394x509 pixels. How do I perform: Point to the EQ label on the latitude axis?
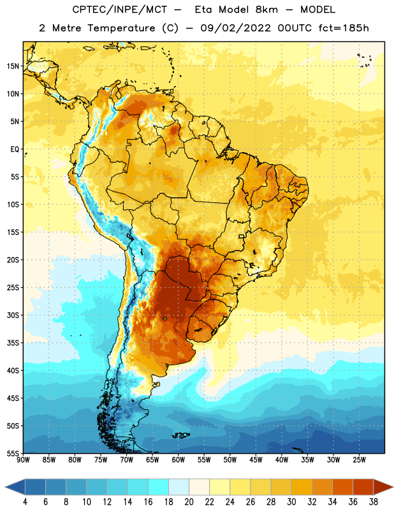coord(15,150)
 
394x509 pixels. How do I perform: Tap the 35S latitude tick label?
coord(13,343)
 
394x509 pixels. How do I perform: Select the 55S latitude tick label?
coord(13,453)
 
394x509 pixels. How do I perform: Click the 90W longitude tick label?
coord(23,459)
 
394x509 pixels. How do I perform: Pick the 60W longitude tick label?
coord(179,459)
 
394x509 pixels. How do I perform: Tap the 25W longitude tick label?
coord(359,459)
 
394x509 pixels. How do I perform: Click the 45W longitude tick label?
coord(256,459)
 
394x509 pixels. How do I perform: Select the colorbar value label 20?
coord(189,502)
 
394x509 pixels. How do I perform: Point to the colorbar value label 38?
coord(373,502)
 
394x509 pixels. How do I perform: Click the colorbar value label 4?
coord(25,502)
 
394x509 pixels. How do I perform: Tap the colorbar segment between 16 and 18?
coord(159,487)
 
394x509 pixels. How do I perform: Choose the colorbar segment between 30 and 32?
coord(302,487)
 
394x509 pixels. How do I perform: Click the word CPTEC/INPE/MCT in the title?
coord(119,10)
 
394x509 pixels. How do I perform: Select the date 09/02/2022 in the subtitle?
coord(235,28)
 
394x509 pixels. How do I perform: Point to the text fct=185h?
coord(344,28)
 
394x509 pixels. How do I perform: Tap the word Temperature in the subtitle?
coord(121,28)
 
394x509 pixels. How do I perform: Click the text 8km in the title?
coord(266,10)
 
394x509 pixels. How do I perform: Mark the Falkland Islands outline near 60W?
coord(180,435)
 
